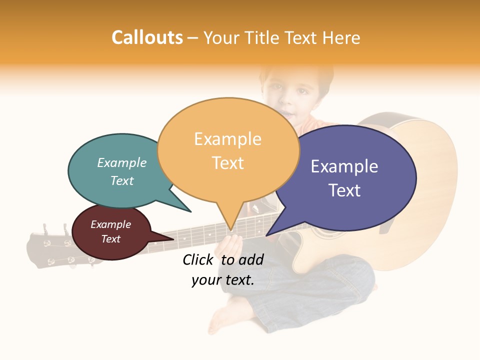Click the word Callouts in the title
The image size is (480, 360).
click(147, 37)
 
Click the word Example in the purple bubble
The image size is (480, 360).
click(344, 166)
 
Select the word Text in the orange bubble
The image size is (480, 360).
click(228, 163)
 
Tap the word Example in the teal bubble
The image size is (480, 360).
click(122, 163)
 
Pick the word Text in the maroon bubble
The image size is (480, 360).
click(111, 239)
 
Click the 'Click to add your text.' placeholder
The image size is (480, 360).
click(223, 269)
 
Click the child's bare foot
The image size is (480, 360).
click(220, 320)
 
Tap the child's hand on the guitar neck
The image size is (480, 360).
click(231, 245)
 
